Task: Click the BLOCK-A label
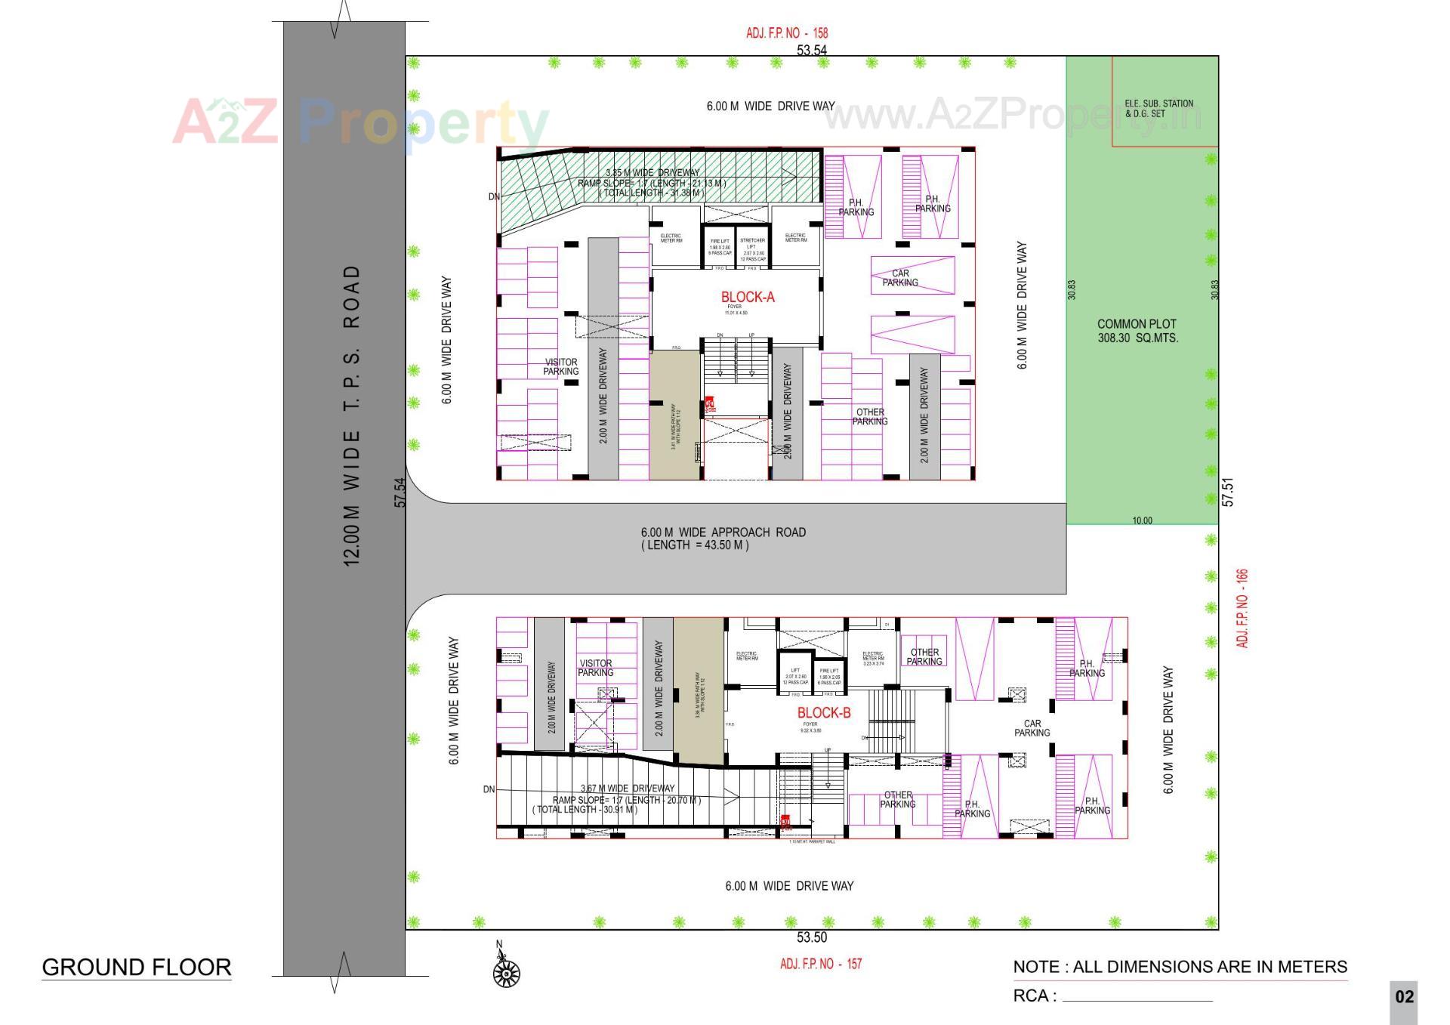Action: coord(747,297)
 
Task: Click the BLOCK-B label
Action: coord(823,712)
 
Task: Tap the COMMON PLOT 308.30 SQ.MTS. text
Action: coord(1137,331)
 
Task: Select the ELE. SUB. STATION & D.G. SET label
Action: coord(1158,109)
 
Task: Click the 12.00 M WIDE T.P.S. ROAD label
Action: coord(352,415)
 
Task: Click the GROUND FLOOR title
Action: coord(136,967)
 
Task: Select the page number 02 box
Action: coord(1403,997)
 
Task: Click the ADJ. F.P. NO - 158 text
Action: coord(786,33)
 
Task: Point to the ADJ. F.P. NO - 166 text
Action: coord(1242,608)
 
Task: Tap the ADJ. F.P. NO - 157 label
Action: coord(820,964)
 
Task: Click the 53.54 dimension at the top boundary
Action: coord(811,51)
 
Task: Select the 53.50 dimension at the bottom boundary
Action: coord(811,937)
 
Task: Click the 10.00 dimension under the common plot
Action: coord(1142,520)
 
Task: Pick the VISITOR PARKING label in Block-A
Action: coord(560,367)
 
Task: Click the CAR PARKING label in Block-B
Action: coord(1032,728)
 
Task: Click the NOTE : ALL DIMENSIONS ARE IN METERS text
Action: coord(1180,967)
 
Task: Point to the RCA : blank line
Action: coord(1137,997)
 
